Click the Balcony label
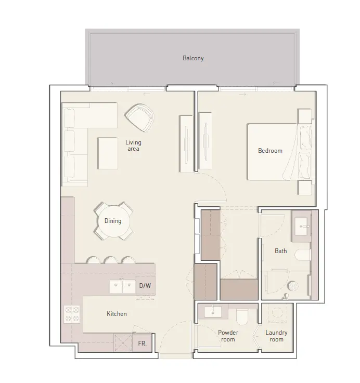pos(193,59)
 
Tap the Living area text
pos(133,146)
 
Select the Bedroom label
pos(270,151)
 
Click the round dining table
pos(113,221)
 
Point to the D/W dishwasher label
pos(145,285)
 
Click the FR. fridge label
pos(142,344)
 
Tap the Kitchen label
pos(117,314)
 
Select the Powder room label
pos(228,336)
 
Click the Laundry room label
pos(276,336)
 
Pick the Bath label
pos(281,251)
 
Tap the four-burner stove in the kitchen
pos(71,314)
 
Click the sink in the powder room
pos(214,312)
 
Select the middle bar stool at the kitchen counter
pos(110,260)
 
